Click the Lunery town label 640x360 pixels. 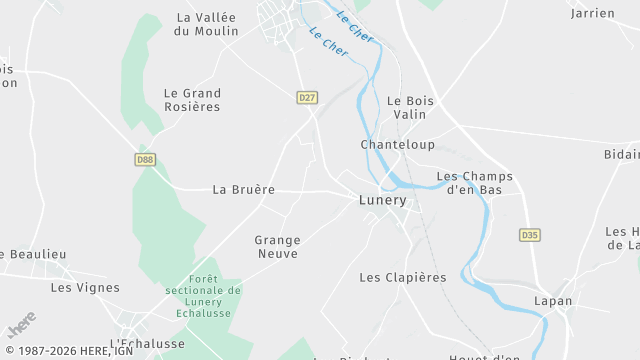383,200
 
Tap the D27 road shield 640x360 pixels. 307,97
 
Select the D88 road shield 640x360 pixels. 145,159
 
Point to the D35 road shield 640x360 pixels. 530,235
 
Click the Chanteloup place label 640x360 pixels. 398,145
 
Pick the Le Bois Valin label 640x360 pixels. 407,107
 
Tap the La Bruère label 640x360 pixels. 243,189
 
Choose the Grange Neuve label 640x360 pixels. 277,247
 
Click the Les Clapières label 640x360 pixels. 402,277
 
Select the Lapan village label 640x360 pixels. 553,300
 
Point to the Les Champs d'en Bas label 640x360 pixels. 475,183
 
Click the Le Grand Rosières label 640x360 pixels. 192,100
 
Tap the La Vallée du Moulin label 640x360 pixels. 206,24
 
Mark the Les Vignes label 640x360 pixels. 85,288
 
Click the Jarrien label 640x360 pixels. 592,14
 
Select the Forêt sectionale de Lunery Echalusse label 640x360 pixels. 204,297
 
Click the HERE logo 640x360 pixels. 21,325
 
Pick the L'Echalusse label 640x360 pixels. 147,343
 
